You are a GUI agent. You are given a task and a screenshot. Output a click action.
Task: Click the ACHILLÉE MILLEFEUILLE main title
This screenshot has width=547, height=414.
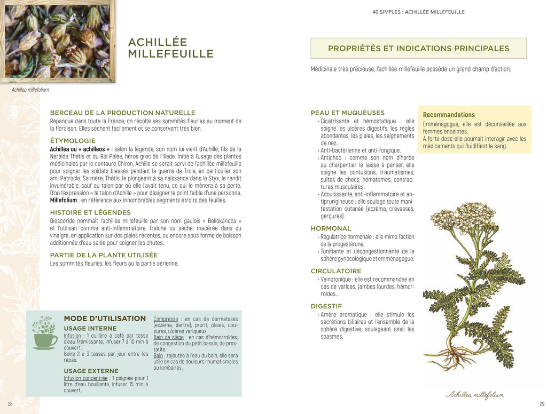tap(170, 48)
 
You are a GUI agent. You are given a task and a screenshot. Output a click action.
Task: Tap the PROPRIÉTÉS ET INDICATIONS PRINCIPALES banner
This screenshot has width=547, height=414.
tap(418, 49)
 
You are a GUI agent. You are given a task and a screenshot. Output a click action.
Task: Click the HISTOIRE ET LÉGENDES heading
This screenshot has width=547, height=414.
tap(90, 212)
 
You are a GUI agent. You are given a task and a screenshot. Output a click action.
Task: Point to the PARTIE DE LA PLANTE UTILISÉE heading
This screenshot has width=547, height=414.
tap(104, 255)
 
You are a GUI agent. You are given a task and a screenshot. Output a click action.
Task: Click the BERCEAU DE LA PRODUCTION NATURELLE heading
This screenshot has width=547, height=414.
tap(122, 113)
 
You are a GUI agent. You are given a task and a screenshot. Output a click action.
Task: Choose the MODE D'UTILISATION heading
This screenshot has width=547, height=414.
tap(105, 319)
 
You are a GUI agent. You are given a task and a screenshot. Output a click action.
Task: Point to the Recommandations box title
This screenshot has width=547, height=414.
tap(449, 115)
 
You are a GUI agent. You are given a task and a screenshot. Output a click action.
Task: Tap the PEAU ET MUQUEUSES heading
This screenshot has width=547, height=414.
tap(347, 113)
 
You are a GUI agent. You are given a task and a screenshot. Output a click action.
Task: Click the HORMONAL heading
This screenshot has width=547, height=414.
tap(331, 228)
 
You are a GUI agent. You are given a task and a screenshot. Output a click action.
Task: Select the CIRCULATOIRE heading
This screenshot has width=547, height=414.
tap(336, 271)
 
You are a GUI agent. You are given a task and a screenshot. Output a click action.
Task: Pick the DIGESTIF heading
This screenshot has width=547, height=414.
tap(326, 306)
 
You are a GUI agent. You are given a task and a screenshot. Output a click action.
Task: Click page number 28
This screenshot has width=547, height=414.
tap(10, 404)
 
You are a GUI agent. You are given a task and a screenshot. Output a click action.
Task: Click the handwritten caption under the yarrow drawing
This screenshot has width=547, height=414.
tap(474, 395)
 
